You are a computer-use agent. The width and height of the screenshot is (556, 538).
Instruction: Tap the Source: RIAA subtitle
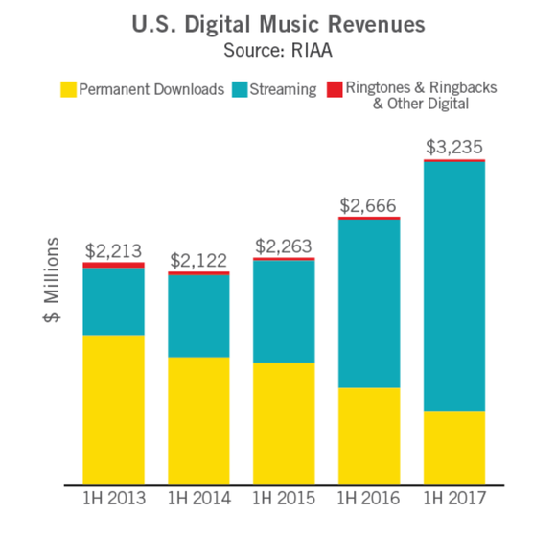[x=278, y=48]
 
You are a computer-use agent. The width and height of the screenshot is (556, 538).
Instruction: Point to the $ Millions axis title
[x=53, y=280]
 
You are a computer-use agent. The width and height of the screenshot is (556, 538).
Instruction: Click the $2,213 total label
[x=113, y=249]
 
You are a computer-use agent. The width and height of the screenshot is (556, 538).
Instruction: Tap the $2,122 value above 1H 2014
[x=198, y=260]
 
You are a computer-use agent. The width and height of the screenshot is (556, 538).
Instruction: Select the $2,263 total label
[x=283, y=246]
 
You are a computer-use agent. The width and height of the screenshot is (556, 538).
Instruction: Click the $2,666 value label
[x=368, y=205]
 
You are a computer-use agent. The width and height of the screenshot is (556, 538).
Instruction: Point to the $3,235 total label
[x=453, y=148]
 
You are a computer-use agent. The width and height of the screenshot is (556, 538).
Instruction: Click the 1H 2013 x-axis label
[x=113, y=500]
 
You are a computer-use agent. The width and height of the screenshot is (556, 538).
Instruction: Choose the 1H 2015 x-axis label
[x=283, y=500]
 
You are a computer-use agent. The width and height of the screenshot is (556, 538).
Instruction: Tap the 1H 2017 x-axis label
[x=453, y=500]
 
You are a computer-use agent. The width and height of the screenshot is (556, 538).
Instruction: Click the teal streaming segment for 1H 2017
[x=453, y=287]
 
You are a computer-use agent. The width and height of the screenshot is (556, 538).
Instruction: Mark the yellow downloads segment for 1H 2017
[x=453, y=448]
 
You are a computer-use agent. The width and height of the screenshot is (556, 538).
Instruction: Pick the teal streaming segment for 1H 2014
[x=198, y=316]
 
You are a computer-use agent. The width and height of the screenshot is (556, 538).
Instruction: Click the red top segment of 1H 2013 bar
[x=113, y=265]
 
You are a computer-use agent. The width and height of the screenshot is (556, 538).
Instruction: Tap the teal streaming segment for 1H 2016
[x=368, y=304]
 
